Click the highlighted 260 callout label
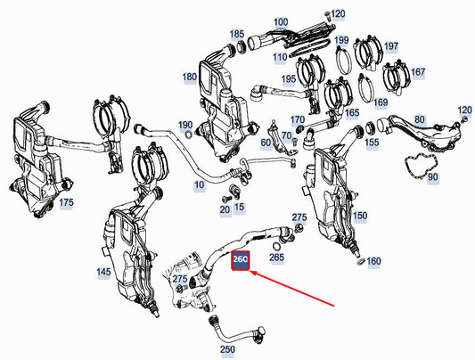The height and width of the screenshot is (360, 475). [241, 260]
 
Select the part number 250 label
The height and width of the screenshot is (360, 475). [227, 348]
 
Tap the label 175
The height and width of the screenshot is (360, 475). [66, 203]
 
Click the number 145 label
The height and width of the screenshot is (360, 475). [103, 272]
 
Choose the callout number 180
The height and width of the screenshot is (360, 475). [190, 77]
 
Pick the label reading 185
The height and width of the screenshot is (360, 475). [237, 34]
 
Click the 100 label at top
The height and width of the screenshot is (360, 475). [281, 20]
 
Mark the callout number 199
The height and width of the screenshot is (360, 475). [341, 41]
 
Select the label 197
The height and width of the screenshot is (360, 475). [392, 45]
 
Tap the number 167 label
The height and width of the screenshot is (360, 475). [418, 72]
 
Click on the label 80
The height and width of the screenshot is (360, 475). [420, 118]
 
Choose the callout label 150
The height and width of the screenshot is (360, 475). [360, 216]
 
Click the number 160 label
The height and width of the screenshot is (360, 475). [373, 261]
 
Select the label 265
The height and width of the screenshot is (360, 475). [277, 258]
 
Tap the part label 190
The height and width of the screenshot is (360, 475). [184, 125]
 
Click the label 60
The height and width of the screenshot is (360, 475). [266, 143]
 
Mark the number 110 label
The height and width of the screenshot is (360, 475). [281, 57]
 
